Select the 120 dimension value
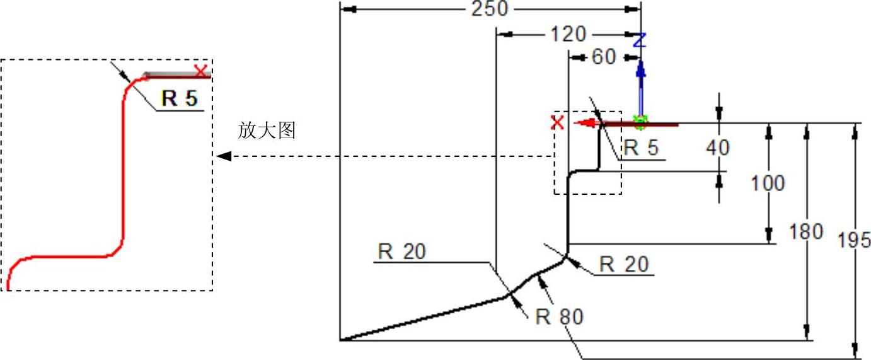pos(568,34)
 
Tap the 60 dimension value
pos(603,57)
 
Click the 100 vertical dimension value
pos(768,183)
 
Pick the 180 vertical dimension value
pos(806,232)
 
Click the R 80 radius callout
pos(560,316)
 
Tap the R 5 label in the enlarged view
pos(180,99)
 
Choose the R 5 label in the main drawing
pos(640,148)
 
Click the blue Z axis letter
pos(640,41)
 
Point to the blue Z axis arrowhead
pos(640,67)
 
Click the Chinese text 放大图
pos(267,131)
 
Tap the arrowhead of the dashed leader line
pos(223,156)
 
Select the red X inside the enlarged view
pos(201,71)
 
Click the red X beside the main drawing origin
pos(558,122)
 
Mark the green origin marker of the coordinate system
pos(640,122)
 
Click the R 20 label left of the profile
pos(402,252)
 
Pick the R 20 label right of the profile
pos(624,264)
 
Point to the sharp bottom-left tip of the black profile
pos(341,340)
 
